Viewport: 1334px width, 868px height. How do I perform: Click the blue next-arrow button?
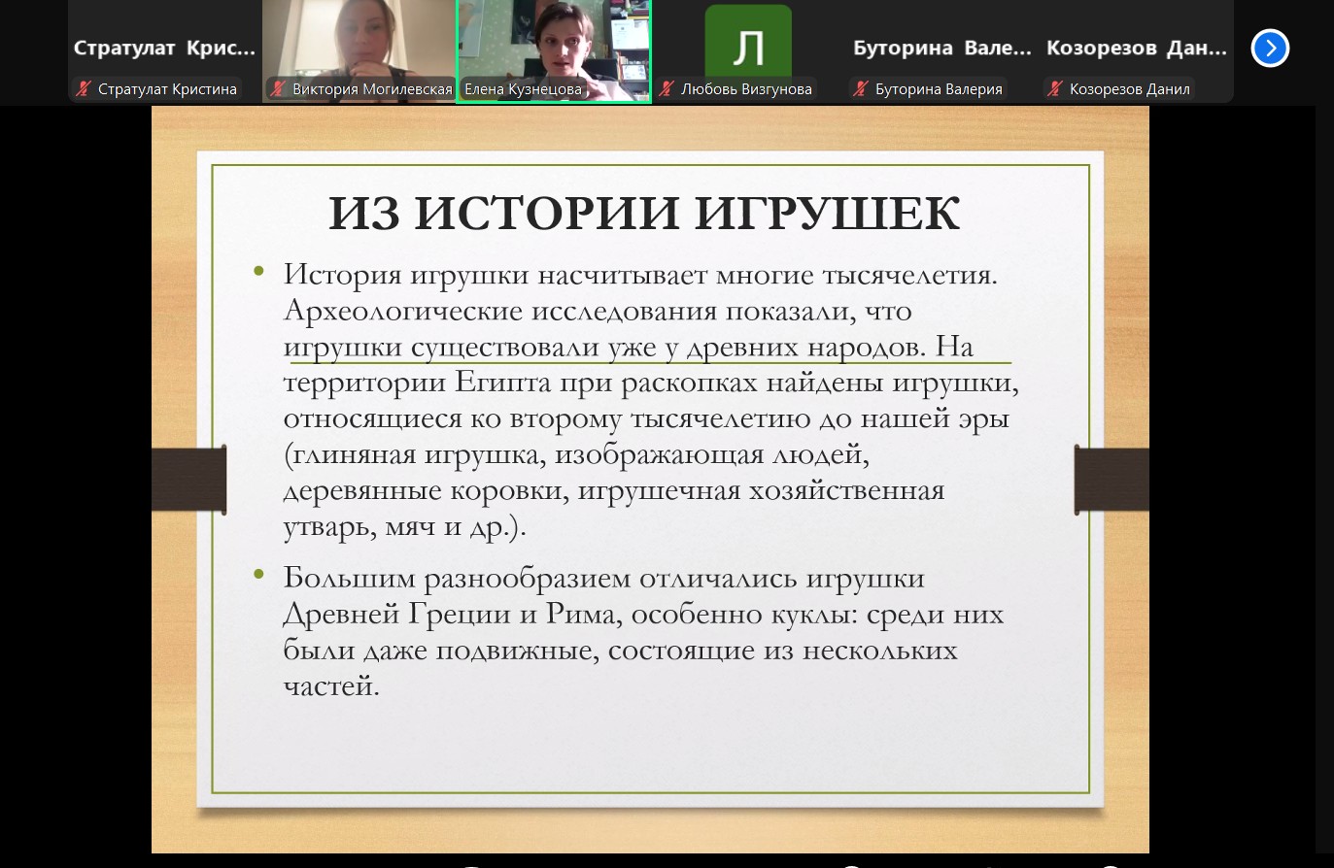pyautogui.click(x=1270, y=48)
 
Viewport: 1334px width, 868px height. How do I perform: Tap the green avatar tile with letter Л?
pyautogui.click(x=748, y=42)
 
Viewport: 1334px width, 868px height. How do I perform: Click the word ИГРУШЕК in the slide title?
pyautogui.click(x=827, y=213)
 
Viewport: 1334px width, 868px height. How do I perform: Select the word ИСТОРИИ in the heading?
pyautogui.click(x=547, y=213)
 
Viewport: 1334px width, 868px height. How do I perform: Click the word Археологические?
pyautogui.click(x=402, y=311)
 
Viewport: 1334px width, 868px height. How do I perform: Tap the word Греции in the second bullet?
pyautogui.click(x=460, y=614)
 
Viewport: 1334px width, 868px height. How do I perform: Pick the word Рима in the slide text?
pyautogui.click(x=584, y=614)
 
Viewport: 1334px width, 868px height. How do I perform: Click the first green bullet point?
pyautogui.click(x=258, y=271)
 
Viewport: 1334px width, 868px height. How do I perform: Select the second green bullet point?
pyautogui.click(x=258, y=574)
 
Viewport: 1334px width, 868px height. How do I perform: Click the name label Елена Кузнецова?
pyautogui.click(x=523, y=89)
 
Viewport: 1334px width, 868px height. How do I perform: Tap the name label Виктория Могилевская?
pyautogui.click(x=372, y=89)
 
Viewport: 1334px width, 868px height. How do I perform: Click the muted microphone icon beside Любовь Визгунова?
pyautogui.click(x=667, y=89)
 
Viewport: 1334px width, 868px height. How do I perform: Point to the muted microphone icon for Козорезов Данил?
pyautogui.click(x=1055, y=89)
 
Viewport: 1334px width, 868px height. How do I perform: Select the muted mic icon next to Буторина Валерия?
pyautogui.click(x=861, y=89)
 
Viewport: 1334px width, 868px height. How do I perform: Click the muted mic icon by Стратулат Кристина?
pyautogui.click(x=84, y=89)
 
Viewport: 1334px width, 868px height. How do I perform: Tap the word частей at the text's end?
pyautogui.click(x=331, y=686)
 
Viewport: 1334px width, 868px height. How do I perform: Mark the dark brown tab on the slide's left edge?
pyautogui.click(x=189, y=480)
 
